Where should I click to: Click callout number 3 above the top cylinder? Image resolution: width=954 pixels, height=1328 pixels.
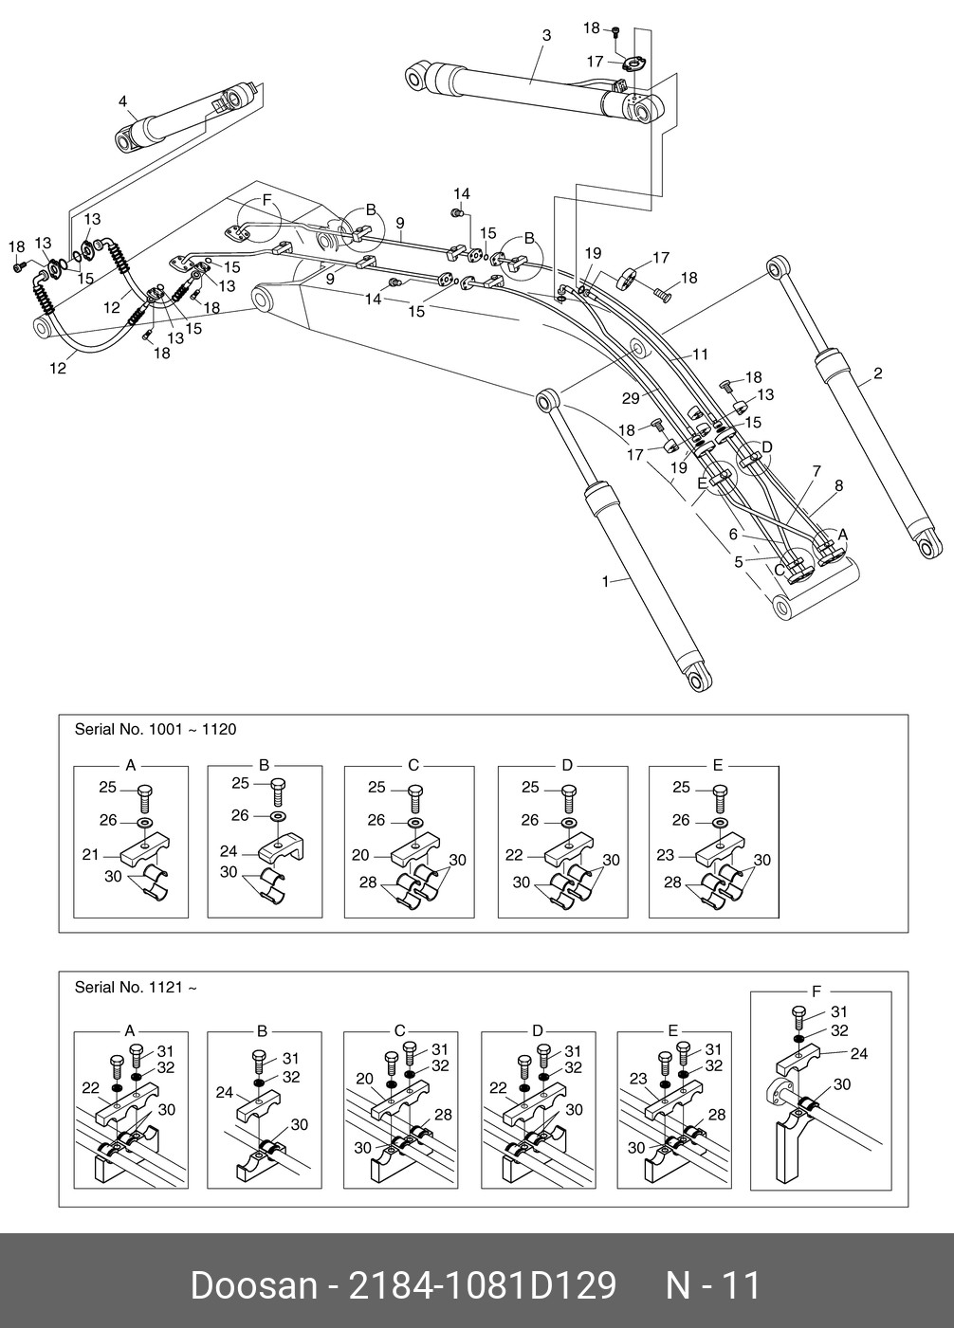tap(546, 36)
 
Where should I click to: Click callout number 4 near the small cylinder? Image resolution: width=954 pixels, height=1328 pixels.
tap(122, 101)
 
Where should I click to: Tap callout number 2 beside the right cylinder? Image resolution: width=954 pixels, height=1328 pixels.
tap(878, 373)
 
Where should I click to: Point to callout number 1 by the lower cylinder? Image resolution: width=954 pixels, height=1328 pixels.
tap(606, 581)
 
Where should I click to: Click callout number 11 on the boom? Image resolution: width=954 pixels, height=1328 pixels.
tap(700, 355)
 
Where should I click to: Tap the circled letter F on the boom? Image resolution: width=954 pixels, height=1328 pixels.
tap(266, 199)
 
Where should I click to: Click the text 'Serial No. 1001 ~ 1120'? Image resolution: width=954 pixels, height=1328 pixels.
tap(156, 730)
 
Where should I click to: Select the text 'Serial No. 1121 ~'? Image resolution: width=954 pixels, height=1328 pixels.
tap(136, 988)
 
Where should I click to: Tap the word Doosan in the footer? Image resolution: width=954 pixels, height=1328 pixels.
tap(252, 1286)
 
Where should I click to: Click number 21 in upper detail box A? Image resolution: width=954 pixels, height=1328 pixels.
tap(90, 855)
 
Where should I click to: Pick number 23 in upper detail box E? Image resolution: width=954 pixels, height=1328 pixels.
tap(665, 855)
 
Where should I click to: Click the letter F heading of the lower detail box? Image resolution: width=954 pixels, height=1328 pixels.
tap(816, 991)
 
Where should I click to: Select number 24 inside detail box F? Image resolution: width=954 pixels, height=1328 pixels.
tap(859, 1053)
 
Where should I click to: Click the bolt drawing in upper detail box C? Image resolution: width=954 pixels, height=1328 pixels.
tap(414, 794)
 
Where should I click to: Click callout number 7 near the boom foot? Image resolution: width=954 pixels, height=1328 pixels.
tap(816, 471)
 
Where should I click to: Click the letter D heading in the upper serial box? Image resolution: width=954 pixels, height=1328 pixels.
tap(566, 765)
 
